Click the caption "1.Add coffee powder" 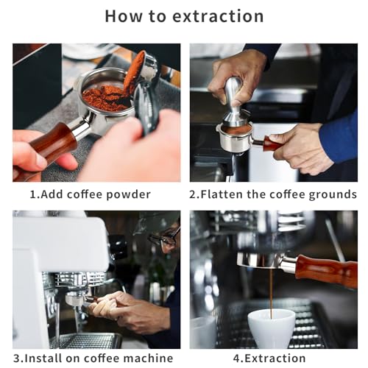(90, 194)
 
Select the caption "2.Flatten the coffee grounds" (273, 194)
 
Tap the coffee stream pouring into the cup (270, 291)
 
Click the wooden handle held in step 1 (52, 144)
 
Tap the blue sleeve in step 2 (340, 136)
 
